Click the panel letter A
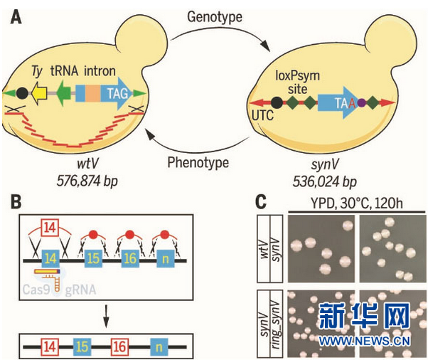[14, 14]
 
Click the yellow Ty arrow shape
[38, 92]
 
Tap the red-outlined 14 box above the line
[50, 230]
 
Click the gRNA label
[82, 290]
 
